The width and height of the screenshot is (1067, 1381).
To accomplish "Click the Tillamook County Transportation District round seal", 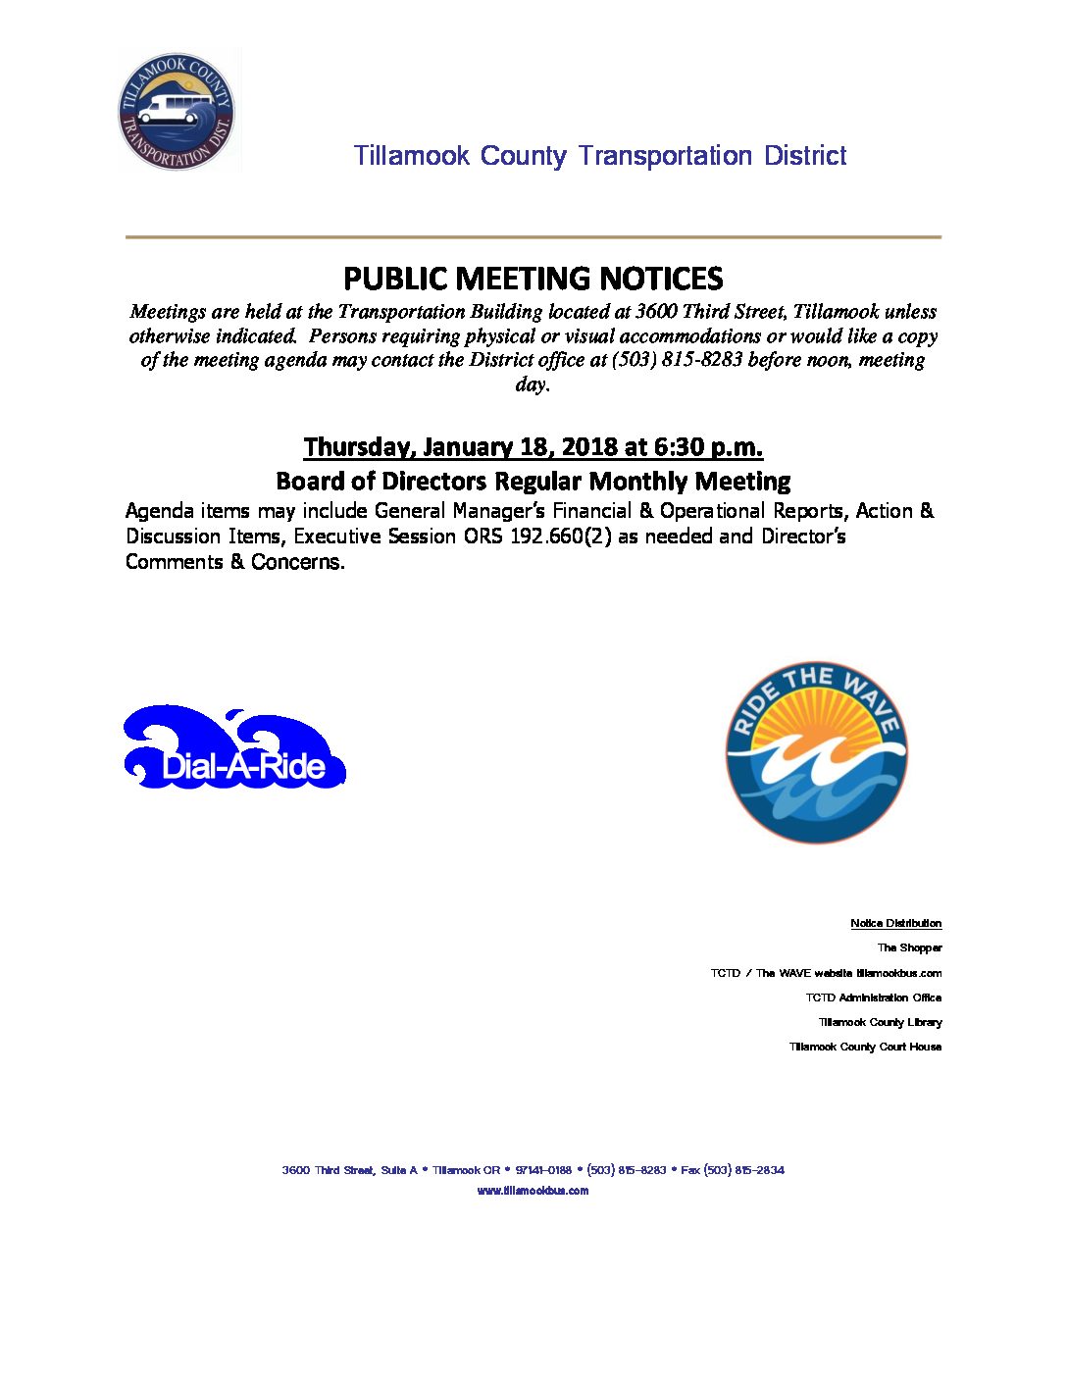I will (178, 111).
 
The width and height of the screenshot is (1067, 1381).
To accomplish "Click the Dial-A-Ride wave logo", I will (234, 748).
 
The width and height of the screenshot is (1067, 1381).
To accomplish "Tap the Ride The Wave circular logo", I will (816, 751).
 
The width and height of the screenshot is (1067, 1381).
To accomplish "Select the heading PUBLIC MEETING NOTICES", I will (533, 279).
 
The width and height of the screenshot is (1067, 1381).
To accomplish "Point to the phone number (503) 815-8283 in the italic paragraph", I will (677, 360).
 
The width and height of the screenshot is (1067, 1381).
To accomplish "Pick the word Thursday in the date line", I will (357, 447).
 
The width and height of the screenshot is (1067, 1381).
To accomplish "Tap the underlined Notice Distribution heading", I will (895, 924).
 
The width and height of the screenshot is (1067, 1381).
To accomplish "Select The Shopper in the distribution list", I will (909, 948).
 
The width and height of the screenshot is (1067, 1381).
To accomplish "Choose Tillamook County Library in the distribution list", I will (880, 1022).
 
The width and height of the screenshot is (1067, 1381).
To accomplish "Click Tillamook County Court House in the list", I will (865, 1048).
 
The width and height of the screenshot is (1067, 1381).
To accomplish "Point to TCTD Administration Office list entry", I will (873, 997).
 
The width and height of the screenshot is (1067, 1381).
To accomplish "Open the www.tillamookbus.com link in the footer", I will (533, 1191).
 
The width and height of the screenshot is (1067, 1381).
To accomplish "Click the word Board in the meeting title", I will (306, 482).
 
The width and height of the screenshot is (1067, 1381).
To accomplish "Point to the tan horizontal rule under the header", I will (533, 237).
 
